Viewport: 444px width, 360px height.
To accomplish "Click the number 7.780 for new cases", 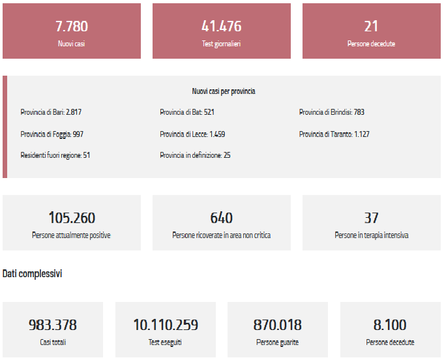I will pyautogui.click(x=72, y=26).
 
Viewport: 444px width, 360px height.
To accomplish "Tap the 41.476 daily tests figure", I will pyautogui.click(x=222, y=26).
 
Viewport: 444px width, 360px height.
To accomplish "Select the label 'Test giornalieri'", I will pyautogui.click(x=222, y=44).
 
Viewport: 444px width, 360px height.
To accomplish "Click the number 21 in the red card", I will pyautogui.click(x=371, y=26).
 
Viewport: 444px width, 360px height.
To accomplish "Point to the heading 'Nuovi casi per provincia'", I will pyautogui.click(x=224, y=91).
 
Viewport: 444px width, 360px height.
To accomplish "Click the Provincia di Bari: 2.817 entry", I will pyautogui.click(x=51, y=112).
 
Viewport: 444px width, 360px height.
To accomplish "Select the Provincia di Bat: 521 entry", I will pyautogui.click(x=187, y=112).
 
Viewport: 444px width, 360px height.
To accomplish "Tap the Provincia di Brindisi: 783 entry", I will pyautogui.click(x=331, y=112).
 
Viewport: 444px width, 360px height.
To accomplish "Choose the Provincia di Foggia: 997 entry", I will pyautogui.click(x=52, y=134).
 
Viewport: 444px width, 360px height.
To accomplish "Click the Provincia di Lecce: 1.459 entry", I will pyautogui.click(x=192, y=134).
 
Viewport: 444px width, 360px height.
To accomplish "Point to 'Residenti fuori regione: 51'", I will pyautogui.click(x=55, y=155).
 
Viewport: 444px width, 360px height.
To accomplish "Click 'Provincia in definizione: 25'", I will pyautogui.click(x=195, y=155).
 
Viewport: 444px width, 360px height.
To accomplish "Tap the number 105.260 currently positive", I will pyautogui.click(x=72, y=218).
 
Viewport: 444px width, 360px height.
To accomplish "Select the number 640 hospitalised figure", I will pyautogui.click(x=222, y=218).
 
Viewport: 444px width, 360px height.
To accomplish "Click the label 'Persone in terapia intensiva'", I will pyautogui.click(x=371, y=235).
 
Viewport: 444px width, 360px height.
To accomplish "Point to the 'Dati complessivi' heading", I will pyautogui.click(x=33, y=274).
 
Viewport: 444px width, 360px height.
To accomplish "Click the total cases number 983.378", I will pyautogui.click(x=53, y=325).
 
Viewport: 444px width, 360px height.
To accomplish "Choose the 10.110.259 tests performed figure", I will pyautogui.click(x=166, y=325).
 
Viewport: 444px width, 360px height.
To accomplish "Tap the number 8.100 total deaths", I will pyautogui.click(x=390, y=325).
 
